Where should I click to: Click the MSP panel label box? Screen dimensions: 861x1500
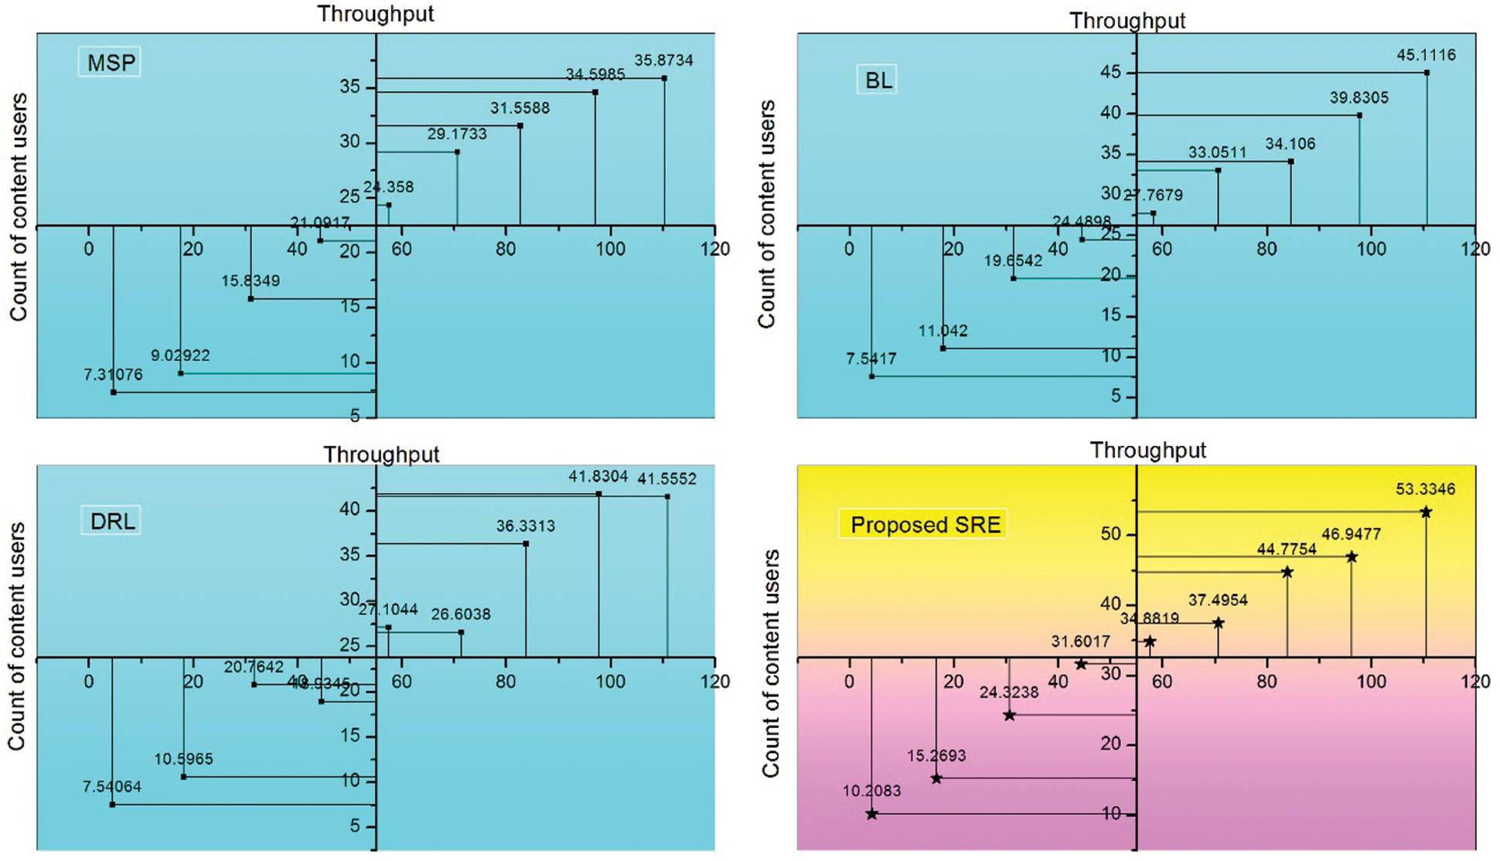110,62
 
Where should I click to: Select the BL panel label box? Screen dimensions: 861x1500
878,80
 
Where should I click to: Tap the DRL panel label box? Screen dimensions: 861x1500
112,521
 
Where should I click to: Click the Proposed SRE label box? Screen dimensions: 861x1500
924,525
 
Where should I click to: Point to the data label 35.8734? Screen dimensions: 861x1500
663,60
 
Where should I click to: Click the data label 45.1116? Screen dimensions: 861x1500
1426,55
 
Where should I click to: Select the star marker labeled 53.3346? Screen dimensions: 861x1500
1426,512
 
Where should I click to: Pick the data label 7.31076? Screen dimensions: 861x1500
113,375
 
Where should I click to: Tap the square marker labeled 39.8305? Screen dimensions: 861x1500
1359,116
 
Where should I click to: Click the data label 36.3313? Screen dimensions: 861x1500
525,526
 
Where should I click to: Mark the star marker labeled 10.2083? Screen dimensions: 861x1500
871,814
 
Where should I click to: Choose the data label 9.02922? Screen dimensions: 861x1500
179,356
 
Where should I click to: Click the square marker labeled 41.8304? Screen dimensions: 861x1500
598,494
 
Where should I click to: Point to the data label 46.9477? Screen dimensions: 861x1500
1351,534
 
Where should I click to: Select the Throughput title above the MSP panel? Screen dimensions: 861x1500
376,14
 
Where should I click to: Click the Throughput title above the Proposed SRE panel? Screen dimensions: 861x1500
1147,450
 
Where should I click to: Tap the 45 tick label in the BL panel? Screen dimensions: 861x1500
1110,73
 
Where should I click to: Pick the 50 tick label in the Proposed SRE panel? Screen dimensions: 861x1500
1110,534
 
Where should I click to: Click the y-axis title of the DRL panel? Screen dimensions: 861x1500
17,635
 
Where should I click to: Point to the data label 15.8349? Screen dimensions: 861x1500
251,281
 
